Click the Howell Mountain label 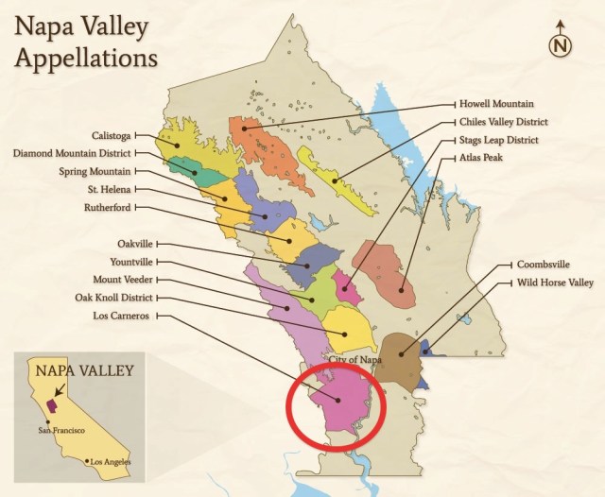(497, 103)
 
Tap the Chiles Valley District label (504, 122)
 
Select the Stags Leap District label (499, 140)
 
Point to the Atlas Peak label (482, 158)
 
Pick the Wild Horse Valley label (552, 283)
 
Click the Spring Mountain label (94, 171)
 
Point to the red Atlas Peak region (386, 272)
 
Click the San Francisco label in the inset (62, 430)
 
